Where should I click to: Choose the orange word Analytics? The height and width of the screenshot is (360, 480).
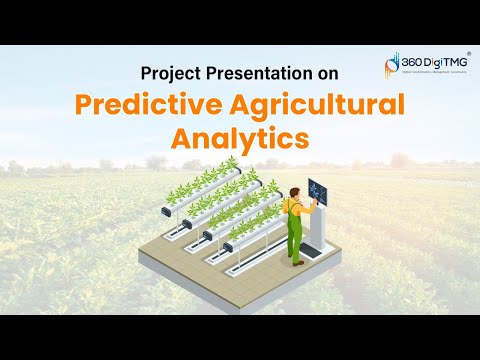click(x=240, y=138)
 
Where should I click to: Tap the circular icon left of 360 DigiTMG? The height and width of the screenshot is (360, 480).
click(x=391, y=65)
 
